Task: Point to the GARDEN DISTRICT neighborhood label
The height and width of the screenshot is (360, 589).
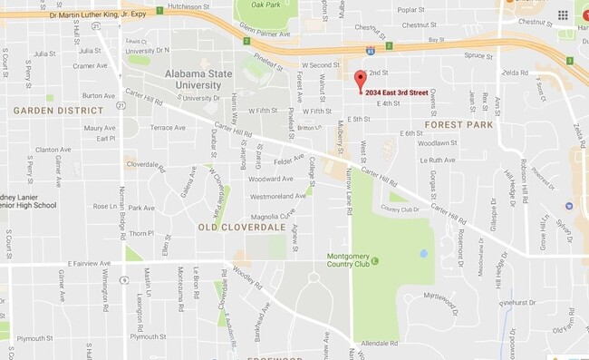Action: click(50, 110)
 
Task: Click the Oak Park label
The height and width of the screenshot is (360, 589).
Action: click(266, 5)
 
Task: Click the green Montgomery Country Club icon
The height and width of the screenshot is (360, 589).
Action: click(374, 262)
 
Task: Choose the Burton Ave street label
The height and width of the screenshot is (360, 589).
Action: click(98, 95)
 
